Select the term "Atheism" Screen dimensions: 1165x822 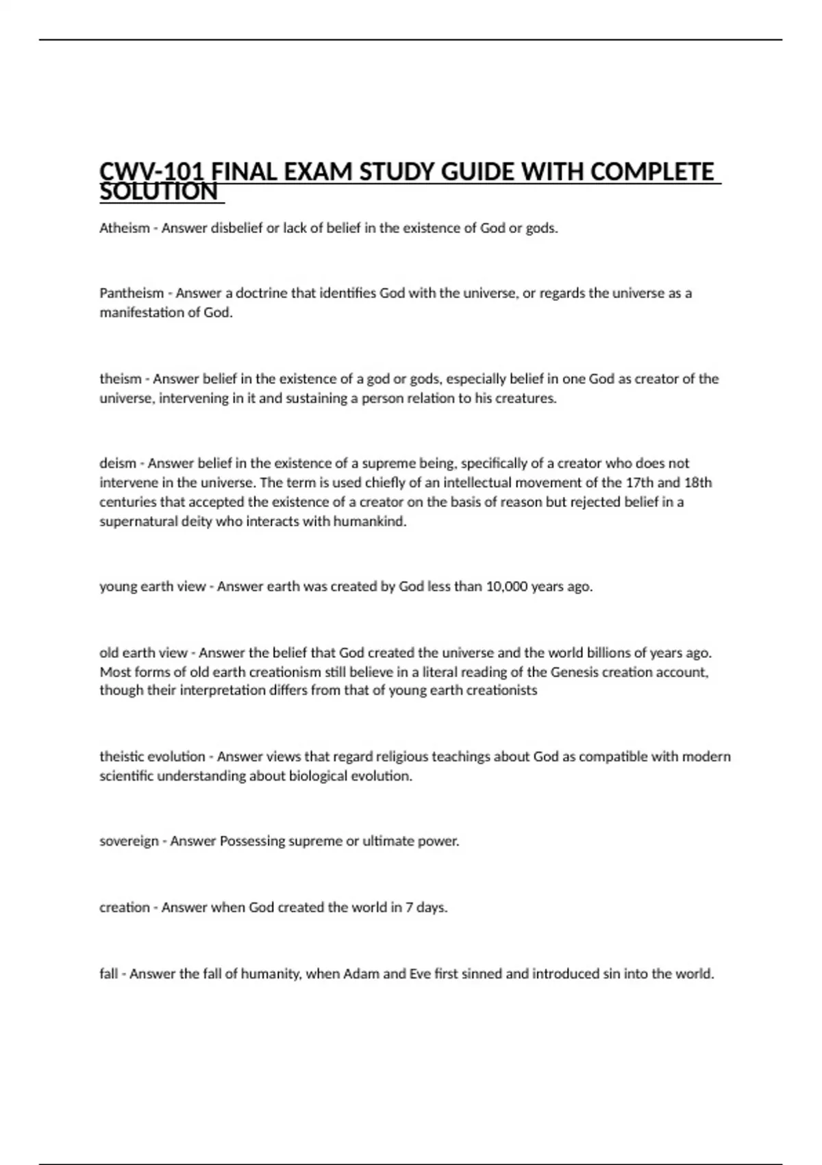click(x=124, y=228)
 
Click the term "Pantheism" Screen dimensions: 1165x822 click(x=132, y=293)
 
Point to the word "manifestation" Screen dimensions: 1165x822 click(x=142, y=312)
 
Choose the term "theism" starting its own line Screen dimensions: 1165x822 click(x=121, y=379)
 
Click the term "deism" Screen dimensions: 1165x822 click(x=118, y=463)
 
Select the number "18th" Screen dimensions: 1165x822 click(x=698, y=482)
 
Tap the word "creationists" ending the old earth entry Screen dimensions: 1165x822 click(x=501, y=691)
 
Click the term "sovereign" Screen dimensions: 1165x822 click(x=129, y=841)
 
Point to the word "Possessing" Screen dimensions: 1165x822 click(x=252, y=841)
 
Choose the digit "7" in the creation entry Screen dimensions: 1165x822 click(x=409, y=907)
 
